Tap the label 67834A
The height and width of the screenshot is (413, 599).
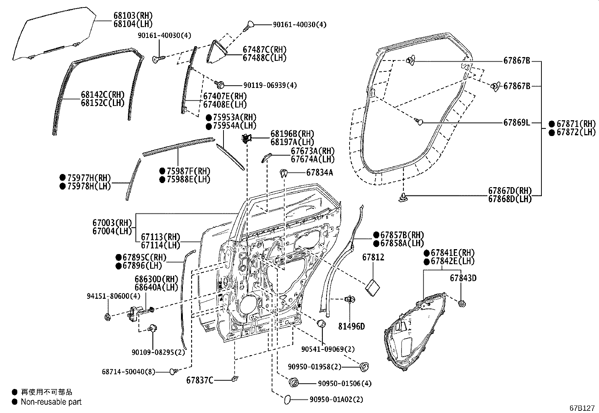(x=319, y=172)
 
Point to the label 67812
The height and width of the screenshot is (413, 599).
(x=373, y=257)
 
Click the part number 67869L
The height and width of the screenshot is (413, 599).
(x=517, y=123)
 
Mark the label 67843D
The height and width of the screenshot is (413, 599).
(x=463, y=278)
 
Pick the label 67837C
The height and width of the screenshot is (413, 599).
(x=200, y=380)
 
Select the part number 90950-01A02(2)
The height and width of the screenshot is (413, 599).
(x=336, y=399)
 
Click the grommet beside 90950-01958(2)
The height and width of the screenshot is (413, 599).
(x=364, y=366)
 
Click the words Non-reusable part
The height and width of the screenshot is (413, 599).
(x=51, y=402)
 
